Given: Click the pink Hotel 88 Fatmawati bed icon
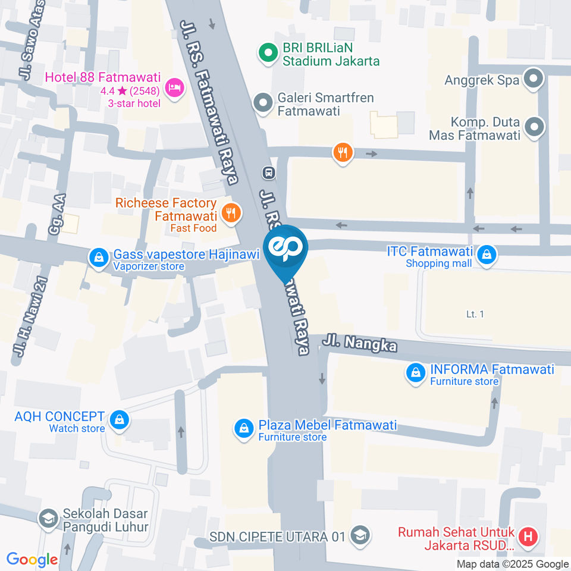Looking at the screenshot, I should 174,88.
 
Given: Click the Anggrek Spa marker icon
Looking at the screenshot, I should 534,79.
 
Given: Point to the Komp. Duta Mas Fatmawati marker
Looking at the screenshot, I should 534,126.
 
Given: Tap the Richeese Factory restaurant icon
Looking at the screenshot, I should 231,212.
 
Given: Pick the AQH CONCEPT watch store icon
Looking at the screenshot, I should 120,419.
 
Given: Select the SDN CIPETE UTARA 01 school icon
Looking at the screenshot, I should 359,536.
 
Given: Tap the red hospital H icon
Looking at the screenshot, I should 527,538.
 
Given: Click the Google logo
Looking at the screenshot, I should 32,560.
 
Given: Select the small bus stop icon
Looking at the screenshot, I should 268,172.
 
